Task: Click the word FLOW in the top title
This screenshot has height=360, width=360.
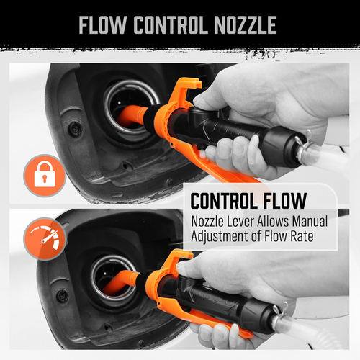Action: [102, 25]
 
